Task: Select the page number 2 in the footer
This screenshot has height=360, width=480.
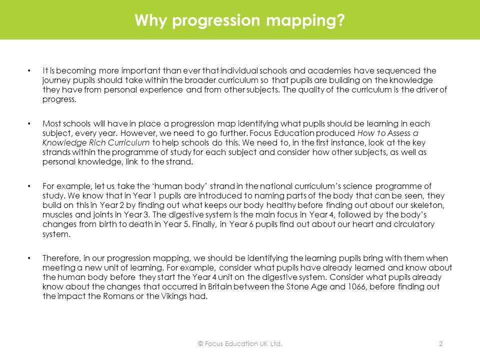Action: click(440, 344)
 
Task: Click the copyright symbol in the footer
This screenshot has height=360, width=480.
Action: click(200, 344)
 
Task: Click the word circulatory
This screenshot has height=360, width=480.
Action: click(414, 224)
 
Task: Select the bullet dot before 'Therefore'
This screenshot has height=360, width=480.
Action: click(30, 258)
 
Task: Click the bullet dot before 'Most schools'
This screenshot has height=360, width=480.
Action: click(30, 123)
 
